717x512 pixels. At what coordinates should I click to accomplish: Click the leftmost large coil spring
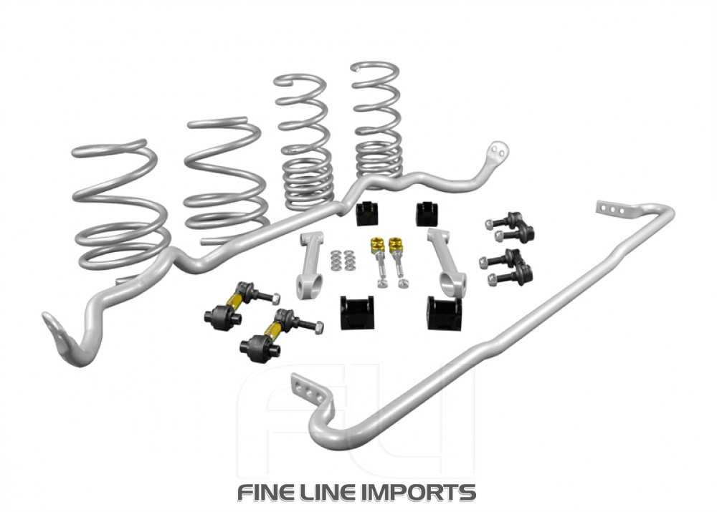click(x=118, y=208)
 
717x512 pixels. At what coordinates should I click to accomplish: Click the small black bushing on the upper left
click(x=366, y=214)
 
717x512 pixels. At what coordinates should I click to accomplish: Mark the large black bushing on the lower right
click(x=444, y=313)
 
